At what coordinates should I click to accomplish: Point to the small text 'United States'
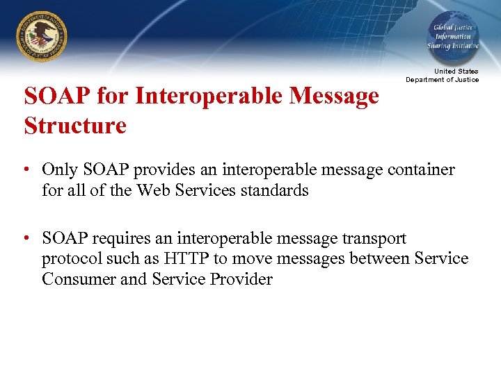(x=456, y=72)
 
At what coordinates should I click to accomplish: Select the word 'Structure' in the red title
(x=75, y=126)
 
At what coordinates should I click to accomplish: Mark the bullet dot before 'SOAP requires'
(x=24, y=239)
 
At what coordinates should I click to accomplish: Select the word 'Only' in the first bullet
(x=59, y=170)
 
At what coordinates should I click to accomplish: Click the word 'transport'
(x=373, y=239)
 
